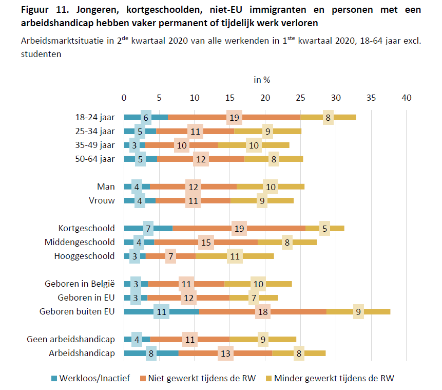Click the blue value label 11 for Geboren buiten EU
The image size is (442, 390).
tap(161, 311)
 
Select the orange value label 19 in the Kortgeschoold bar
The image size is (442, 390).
tap(239, 228)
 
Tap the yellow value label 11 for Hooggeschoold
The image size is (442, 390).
tap(235, 256)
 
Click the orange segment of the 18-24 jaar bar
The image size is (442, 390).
tap(205, 118)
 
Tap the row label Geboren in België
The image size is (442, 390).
tap(86, 284)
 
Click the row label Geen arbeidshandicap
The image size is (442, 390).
tap(71, 339)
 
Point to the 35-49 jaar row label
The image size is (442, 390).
tap(95, 145)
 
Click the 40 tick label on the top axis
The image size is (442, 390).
tap(407, 97)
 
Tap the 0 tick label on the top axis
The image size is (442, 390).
tap(124, 97)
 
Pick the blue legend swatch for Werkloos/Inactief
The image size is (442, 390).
tap(54, 379)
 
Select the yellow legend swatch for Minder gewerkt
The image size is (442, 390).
tap(268, 379)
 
